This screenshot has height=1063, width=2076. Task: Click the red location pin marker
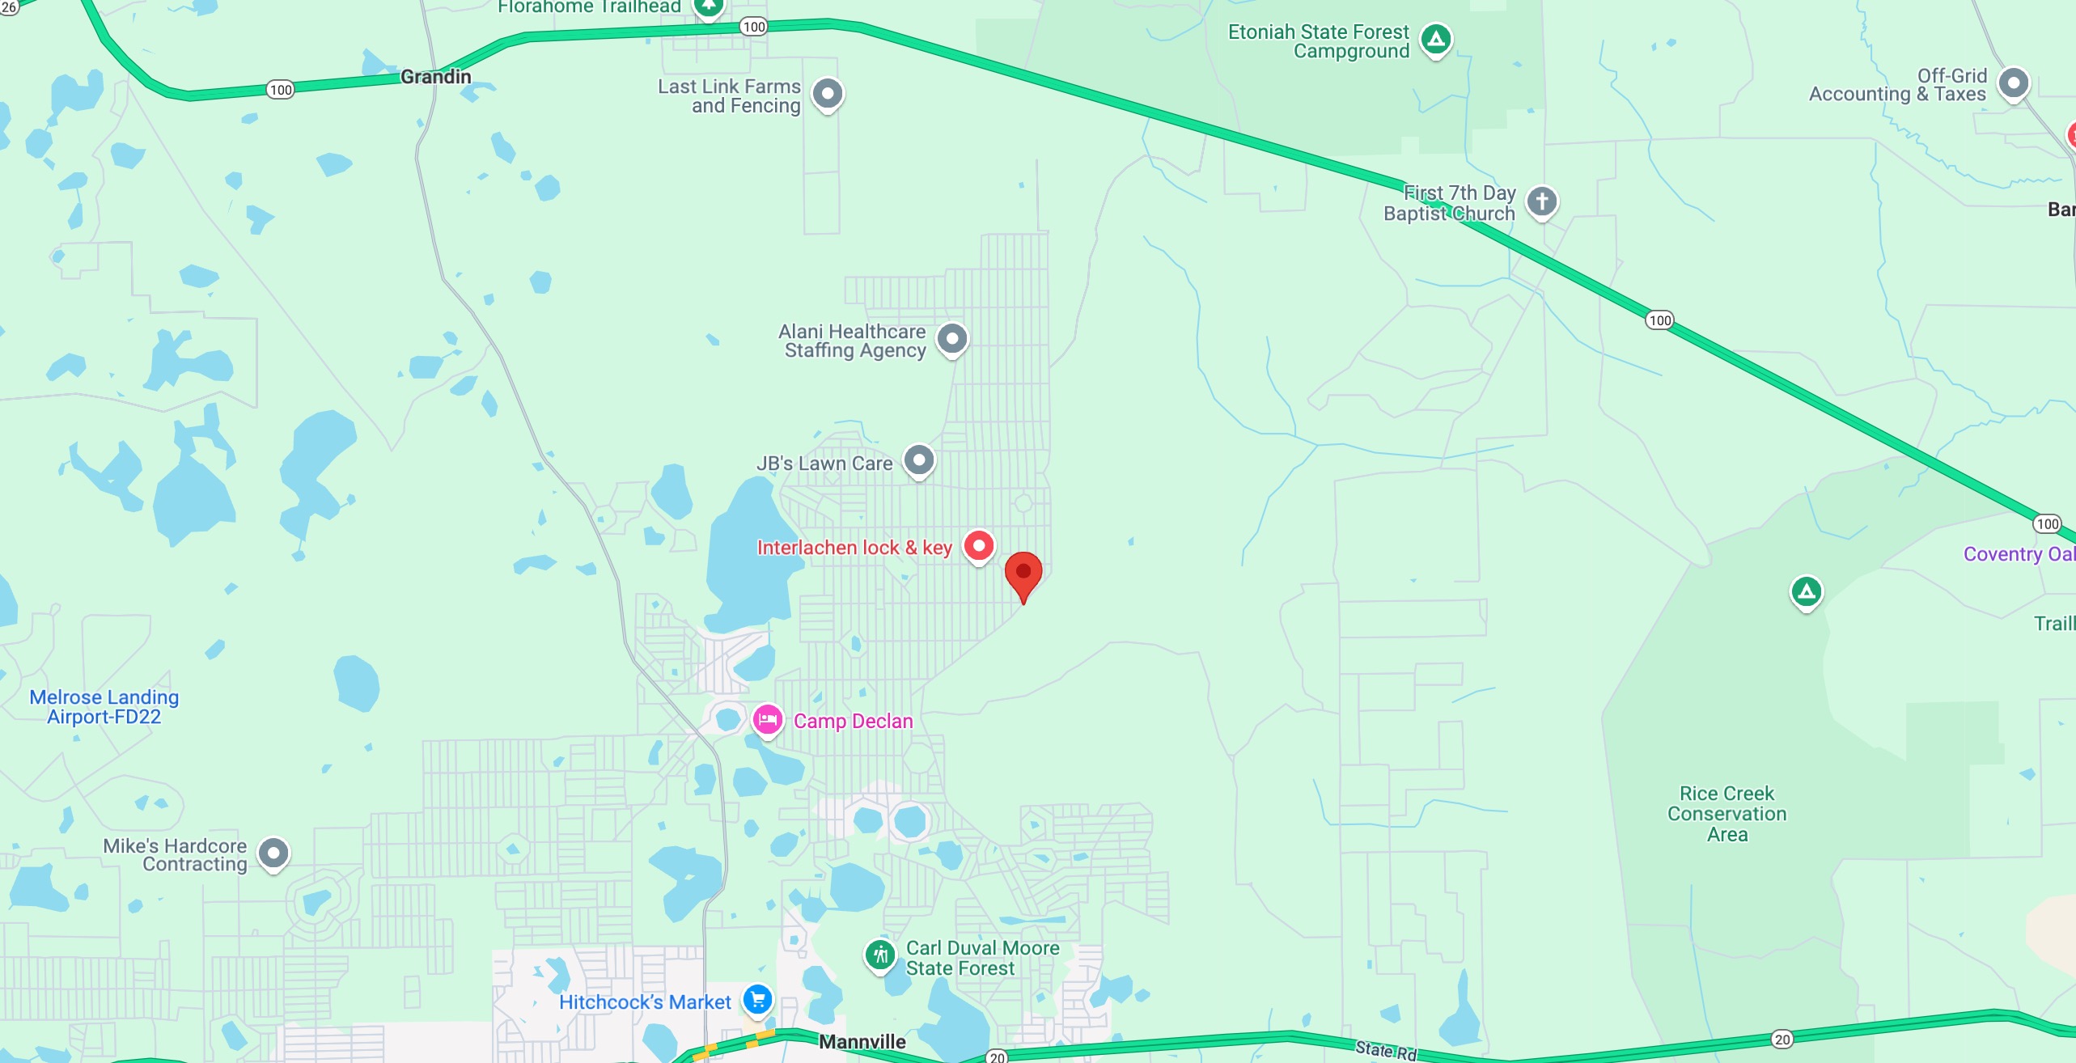coord(1023,574)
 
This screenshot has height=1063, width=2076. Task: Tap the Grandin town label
coord(435,77)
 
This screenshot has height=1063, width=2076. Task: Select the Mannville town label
coord(862,1041)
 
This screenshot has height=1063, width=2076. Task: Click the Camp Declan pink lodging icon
coord(767,719)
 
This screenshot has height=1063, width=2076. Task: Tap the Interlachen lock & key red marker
coord(978,546)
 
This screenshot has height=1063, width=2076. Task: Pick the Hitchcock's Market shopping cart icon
coord(757,999)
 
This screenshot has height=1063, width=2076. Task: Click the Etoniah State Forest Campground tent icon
coord(1436,39)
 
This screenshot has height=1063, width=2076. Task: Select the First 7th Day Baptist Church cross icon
coord(1541,201)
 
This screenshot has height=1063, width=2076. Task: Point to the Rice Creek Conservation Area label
coord(1726,814)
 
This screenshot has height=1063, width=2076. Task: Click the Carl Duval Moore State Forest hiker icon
coord(879,955)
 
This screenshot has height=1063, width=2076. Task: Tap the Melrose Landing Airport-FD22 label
coord(104,707)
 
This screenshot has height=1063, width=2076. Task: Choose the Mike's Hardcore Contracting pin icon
coord(273,853)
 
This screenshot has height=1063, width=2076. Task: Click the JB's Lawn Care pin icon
coord(919,461)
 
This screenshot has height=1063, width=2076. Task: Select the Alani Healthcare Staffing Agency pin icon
coord(952,339)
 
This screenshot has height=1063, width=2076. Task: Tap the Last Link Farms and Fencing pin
coord(828,94)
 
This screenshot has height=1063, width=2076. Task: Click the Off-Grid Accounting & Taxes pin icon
coord(2013,83)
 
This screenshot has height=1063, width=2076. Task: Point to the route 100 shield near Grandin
coord(281,90)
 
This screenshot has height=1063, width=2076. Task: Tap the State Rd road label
coord(1386,1050)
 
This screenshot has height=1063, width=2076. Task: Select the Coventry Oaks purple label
coord(2019,554)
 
